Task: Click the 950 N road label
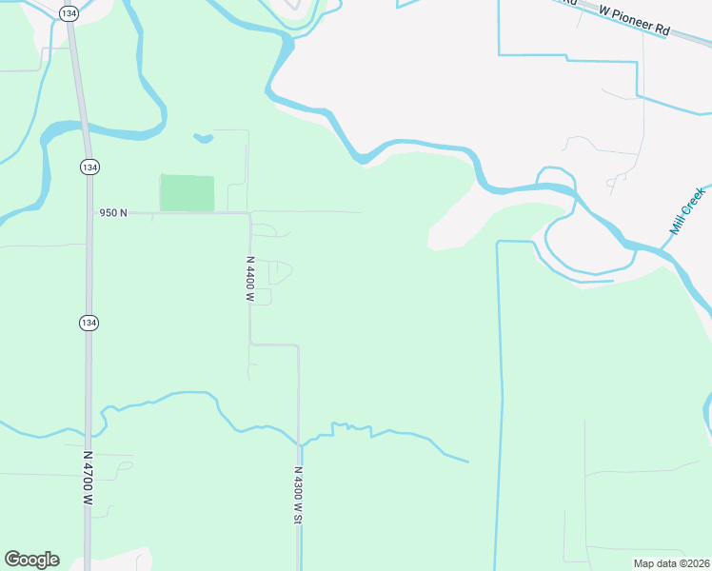(x=113, y=213)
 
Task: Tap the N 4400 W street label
(x=250, y=279)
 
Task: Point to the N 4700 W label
(x=88, y=479)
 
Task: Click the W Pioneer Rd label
(x=634, y=19)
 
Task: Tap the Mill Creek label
(x=687, y=211)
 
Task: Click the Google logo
(x=31, y=560)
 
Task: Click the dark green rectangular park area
(x=187, y=193)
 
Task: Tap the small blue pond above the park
(x=202, y=138)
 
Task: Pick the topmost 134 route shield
(x=68, y=13)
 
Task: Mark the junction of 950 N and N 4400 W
(x=249, y=214)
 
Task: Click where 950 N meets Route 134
(x=89, y=213)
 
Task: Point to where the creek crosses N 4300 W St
(x=299, y=443)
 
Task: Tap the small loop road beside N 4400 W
(x=279, y=273)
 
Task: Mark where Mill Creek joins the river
(x=663, y=248)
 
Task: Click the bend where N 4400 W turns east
(x=250, y=344)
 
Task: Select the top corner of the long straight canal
(x=498, y=243)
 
